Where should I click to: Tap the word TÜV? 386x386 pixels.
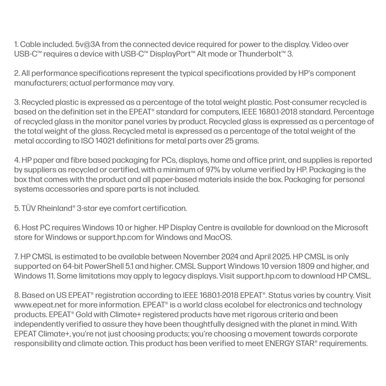click(x=28, y=208)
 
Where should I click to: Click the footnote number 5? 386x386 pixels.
click(x=16, y=208)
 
